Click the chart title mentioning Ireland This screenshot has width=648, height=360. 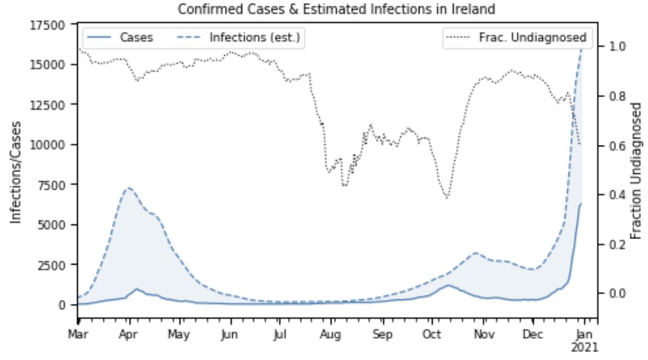pyautogui.click(x=336, y=9)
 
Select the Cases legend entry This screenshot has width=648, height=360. pyautogui.click(x=119, y=38)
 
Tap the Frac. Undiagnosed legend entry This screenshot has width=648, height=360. pyautogui.click(x=518, y=38)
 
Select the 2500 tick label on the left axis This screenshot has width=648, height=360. pyautogui.click(x=55, y=265)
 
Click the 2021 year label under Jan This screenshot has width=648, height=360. pyautogui.click(x=585, y=347)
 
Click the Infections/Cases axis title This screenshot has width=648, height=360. pyautogui.click(x=17, y=171)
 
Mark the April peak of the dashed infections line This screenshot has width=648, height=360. pyautogui.click(x=129, y=187)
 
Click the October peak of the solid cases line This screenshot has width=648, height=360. pyautogui.click(x=449, y=285)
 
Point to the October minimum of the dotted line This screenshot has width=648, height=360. pyautogui.click(x=447, y=198)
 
